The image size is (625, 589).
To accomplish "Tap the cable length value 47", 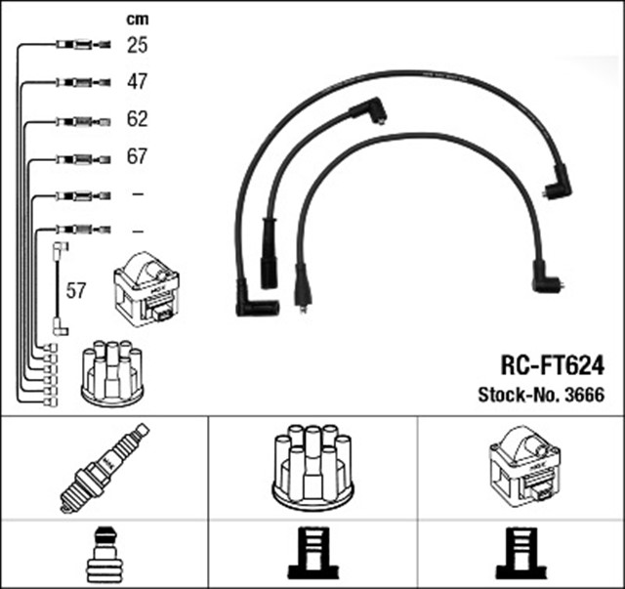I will pyautogui.click(x=137, y=82).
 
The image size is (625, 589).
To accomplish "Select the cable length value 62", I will pyautogui.click(x=137, y=120).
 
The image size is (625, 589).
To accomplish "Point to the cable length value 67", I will pyautogui.click(x=137, y=157).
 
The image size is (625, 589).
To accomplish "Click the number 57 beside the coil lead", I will pyautogui.click(x=76, y=290).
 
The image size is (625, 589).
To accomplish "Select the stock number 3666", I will pyautogui.click(x=583, y=396).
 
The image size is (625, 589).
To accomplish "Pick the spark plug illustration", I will pyautogui.click(x=104, y=468).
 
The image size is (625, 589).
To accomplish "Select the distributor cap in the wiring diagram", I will pyautogui.click(x=111, y=371).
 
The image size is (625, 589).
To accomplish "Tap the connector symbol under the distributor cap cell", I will pyautogui.click(x=312, y=554).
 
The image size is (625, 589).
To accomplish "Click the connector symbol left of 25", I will pyautogui.click(x=76, y=45).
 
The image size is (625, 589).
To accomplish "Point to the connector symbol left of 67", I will pyautogui.click(x=76, y=157).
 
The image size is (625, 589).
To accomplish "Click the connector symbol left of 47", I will pyautogui.click(x=76, y=82).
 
